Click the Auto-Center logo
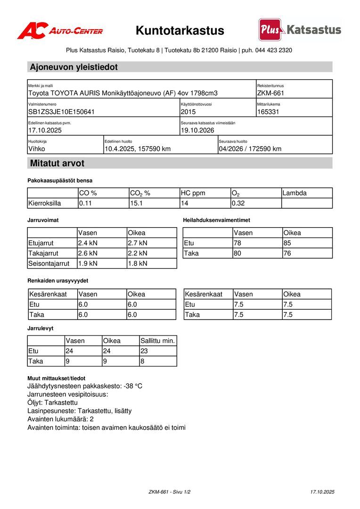coord(60,31)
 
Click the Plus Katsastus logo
coord(300,30)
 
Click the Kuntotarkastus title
coord(180,31)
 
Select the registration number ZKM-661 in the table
coord(270,93)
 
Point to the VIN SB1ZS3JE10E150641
coord(62,112)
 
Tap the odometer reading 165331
coord(269,112)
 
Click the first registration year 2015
coord(188,112)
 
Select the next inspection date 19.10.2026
coord(197,131)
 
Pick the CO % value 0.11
coord(85,204)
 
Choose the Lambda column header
coord(295,193)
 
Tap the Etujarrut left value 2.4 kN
coord(88,243)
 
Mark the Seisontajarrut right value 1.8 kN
coord(138,263)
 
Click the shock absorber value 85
coord(287,243)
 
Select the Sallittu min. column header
coord(157,341)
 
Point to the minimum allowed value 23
coord(144,351)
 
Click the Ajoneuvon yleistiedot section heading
coord(74,67)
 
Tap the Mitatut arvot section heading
coord(57,164)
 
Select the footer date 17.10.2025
coord(322,492)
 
